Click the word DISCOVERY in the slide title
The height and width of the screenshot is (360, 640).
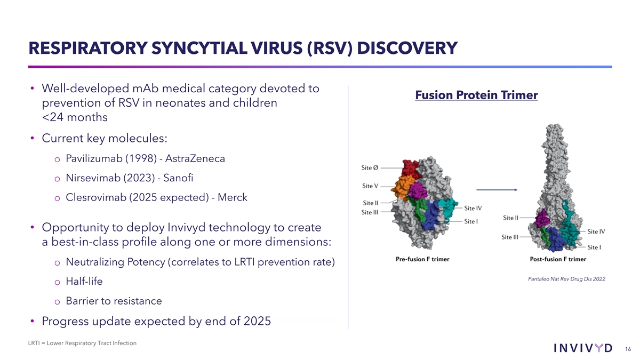tap(407, 48)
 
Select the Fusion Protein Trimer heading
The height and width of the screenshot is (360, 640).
tap(476, 95)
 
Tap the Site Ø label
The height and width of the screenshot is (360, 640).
tap(370, 167)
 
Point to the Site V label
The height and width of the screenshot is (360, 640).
tap(370, 186)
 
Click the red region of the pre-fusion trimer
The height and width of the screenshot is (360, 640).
tap(410, 168)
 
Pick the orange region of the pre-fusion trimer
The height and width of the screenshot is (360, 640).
tap(402, 187)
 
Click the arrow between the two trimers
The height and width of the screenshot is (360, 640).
tap(497, 190)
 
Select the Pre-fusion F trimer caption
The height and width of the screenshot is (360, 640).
tap(422, 259)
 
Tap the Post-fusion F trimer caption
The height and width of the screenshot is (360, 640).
tap(558, 259)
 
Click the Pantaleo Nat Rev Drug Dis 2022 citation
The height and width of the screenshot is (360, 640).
tap(566, 279)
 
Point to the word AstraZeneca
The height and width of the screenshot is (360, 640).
tap(195, 158)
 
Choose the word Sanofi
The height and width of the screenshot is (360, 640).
tap(178, 178)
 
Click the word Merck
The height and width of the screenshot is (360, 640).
tap(233, 197)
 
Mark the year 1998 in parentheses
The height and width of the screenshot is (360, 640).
tap(141, 158)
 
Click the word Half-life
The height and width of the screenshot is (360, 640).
tap(84, 282)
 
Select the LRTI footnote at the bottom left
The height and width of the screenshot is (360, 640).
tap(82, 343)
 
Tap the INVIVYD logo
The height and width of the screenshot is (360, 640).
tap(583, 348)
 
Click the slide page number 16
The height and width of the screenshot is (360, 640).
tap(628, 349)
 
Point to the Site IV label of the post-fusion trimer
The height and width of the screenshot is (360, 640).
tap(596, 231)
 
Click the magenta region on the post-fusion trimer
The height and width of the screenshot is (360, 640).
tap(542, 219)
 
